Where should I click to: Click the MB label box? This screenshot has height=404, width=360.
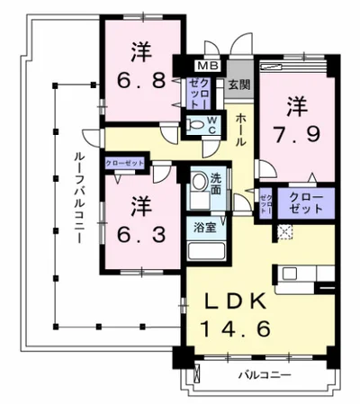(207, 65)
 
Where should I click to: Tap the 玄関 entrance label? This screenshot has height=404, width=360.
(238, 86)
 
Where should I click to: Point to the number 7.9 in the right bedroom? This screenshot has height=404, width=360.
(293, 135)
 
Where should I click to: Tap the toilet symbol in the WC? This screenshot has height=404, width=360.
(196, 125)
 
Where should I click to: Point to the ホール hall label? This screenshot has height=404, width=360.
(242, 130)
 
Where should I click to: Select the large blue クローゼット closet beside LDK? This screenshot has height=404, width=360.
(306, 201)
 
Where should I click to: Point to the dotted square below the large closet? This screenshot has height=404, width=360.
(284, 231)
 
